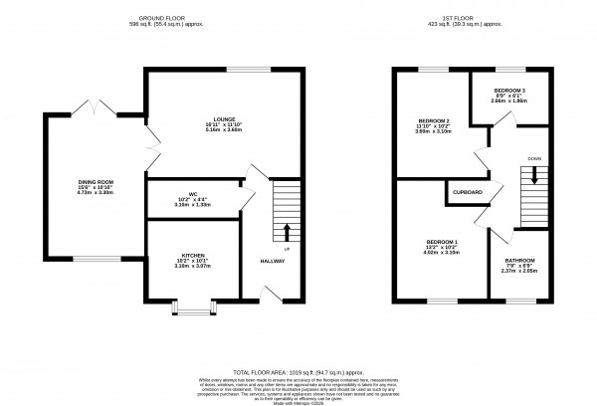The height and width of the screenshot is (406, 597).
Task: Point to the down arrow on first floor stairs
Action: [x=535, y=175]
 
